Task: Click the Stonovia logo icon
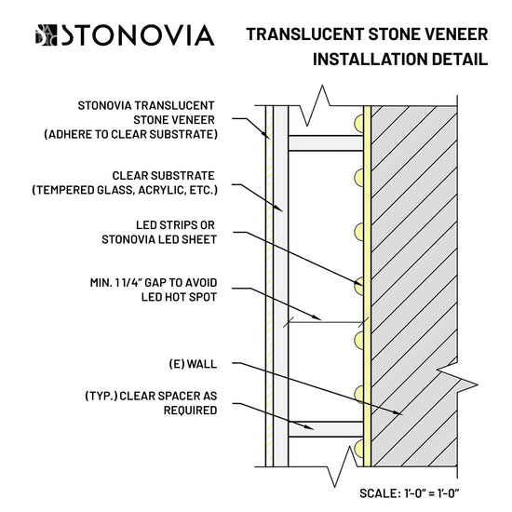pyautogui.click(x=46, y=35)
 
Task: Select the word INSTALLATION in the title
pyautogui.click(x=370, y=59)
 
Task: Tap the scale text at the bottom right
pyautogui.click(x=410, y=493)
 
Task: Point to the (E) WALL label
pyautogui.click(x=193, y=364)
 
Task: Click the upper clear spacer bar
pyautogui.click(x=326, y=143)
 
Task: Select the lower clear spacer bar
pyautogui.click(x=326, y=429)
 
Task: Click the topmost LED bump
pyautogui.click(x=358, y=124)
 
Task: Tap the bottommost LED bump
pyautogui.click(x=358, y=449)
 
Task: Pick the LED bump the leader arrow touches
pyautogui.click(x=358, y=286)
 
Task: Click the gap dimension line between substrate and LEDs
pyautogui.click(x=326, y=322)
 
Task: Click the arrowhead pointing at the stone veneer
pyautogui.click(x=267, y=135)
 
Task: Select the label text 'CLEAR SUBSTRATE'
pyautogui.click(x=163, y=176)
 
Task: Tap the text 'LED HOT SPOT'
pyautogui.click(x=179, y=297)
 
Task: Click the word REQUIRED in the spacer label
pyautogui.click(x=190, y=411)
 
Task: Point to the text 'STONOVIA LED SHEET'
pyautogui.click(x=159, y=239)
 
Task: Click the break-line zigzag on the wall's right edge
pyautogui.click(x=457, y=381)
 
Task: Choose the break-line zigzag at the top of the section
pyautogui.click(x=315, y=105)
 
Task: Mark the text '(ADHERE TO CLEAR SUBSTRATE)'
pyautogui.click(x=130, y=135)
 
